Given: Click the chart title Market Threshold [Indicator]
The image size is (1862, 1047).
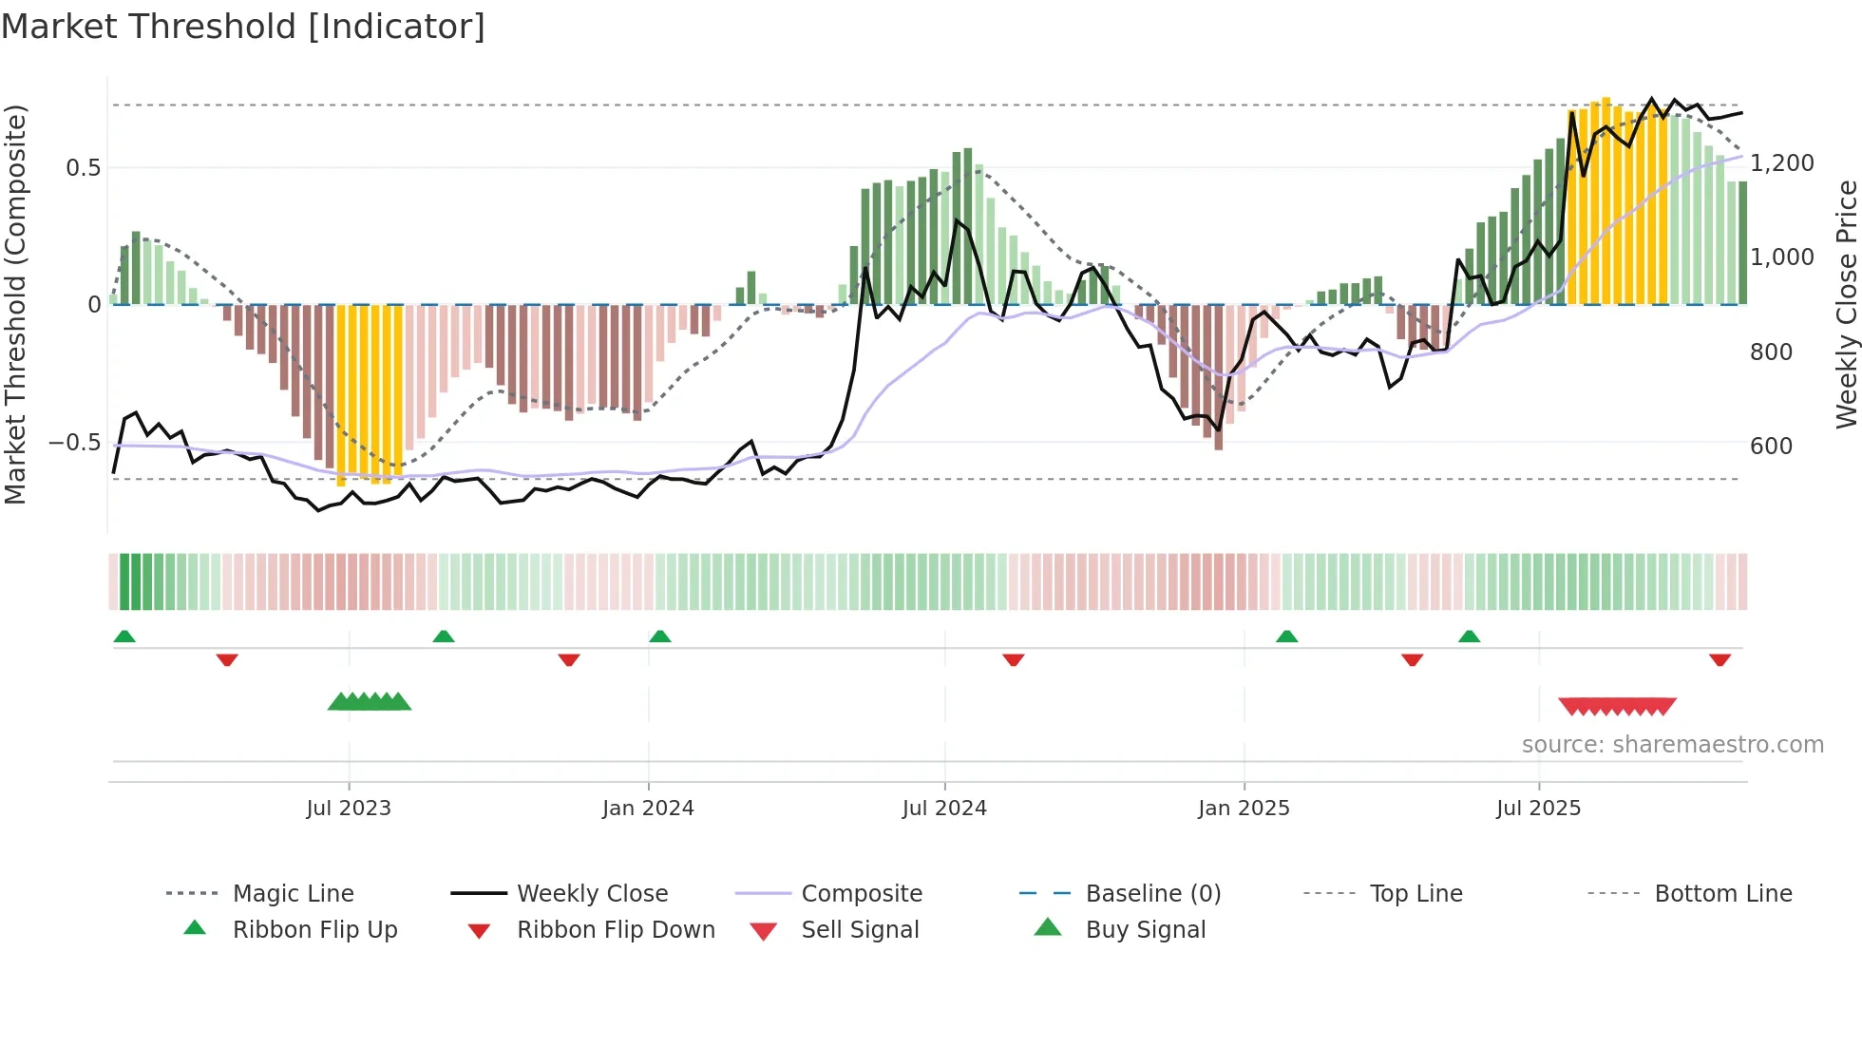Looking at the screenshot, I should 243,27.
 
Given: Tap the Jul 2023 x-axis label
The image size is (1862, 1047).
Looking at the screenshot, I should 349,809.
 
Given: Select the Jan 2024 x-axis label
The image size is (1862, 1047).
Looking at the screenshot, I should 648,809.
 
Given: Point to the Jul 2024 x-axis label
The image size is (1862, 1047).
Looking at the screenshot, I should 944,809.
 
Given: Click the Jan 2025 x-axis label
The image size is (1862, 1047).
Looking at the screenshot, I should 1244,809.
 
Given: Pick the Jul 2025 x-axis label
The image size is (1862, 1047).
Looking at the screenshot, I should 1538,809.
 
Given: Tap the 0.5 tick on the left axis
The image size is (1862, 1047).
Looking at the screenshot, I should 84,168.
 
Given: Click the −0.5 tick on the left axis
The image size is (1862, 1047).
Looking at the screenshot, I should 75,443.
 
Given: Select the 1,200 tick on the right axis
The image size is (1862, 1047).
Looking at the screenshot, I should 1782,163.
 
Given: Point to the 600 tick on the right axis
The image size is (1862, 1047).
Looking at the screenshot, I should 1771,447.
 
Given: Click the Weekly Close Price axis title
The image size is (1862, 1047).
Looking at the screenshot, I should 1846,304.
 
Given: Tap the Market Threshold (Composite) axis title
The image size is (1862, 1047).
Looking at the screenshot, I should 15,304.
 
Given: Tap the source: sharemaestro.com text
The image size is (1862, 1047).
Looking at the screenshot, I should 1672,745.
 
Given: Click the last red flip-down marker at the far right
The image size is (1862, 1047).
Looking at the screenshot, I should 1719,659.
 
